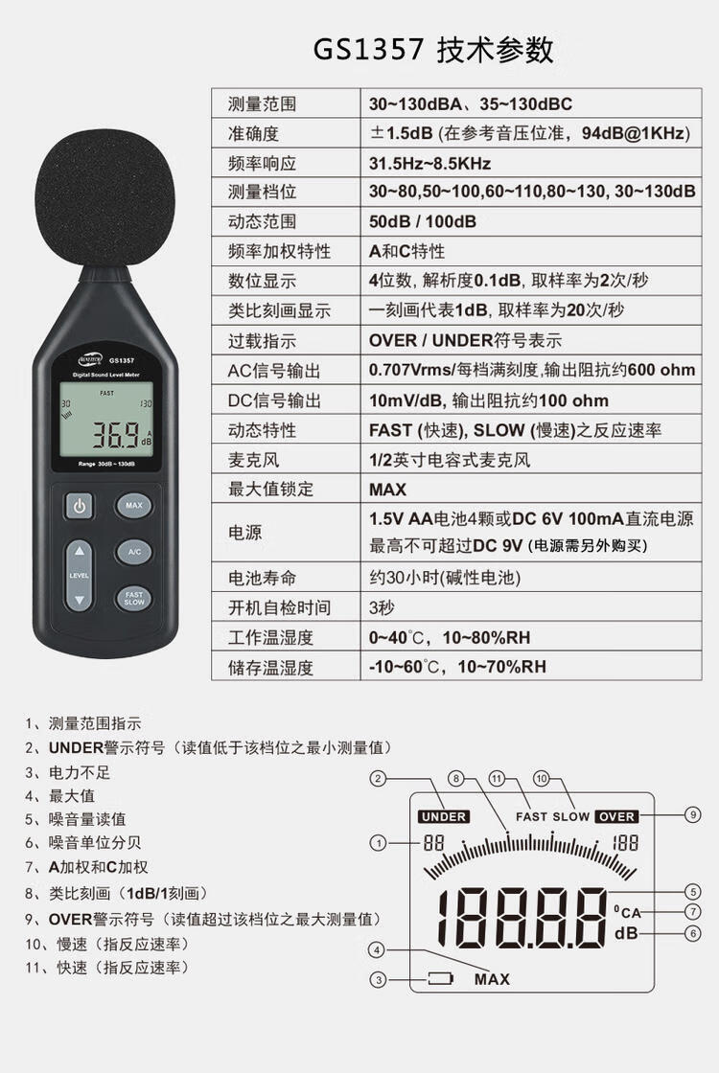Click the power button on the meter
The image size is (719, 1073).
click(80, 507)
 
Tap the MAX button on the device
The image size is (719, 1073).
click(133, 506)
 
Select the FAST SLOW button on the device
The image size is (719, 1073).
click(134, 598)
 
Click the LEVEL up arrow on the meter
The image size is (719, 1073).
click(80, 551)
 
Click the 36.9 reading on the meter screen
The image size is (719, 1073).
click(115, 435)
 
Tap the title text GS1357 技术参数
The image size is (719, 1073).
click(433, 50)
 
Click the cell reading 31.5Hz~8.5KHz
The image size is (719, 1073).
click(430, 164)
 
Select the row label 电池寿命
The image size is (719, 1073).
click(262, 579)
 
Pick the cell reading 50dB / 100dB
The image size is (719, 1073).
click(423, 221)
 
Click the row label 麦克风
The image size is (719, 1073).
click(253, 460)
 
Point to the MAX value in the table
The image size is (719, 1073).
click(387, 490)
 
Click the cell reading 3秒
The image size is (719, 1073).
click(382, 607)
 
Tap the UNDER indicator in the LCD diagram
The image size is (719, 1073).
click(444, 816)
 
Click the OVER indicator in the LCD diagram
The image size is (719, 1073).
click(616, 816)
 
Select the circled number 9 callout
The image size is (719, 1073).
click(693, 814)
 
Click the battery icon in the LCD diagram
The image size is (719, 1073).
click(441, 978)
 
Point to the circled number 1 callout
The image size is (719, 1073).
click(378, 843)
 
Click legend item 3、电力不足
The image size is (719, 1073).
click(67, 772)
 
